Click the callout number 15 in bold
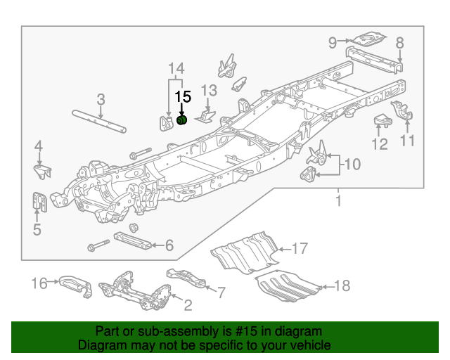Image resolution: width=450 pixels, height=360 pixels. click(x=183, y=97)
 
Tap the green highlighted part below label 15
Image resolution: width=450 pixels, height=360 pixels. click(x=181, y=121)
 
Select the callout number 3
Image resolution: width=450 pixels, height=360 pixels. click(x=101, y=98)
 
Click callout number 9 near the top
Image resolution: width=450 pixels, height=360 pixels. click(x=333, y=42)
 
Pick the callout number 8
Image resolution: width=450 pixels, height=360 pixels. click(x=399, y=43)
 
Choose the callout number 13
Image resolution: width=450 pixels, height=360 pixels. click(x=210, y=90)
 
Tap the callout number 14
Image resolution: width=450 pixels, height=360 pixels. click(x=176, y=68)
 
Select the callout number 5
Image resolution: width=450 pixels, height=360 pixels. click(x=37, y=229)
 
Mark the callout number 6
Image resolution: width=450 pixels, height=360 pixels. click(x=169, y=245)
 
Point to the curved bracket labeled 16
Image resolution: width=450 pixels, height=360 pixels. click(x=74, y=283)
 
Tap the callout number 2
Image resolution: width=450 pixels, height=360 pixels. click(x=187, y=304)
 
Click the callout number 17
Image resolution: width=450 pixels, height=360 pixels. click(x=300, y=248)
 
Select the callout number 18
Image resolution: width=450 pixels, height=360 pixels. click(x=342, y=285)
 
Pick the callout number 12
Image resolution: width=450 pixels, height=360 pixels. click(x=380, y=144)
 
